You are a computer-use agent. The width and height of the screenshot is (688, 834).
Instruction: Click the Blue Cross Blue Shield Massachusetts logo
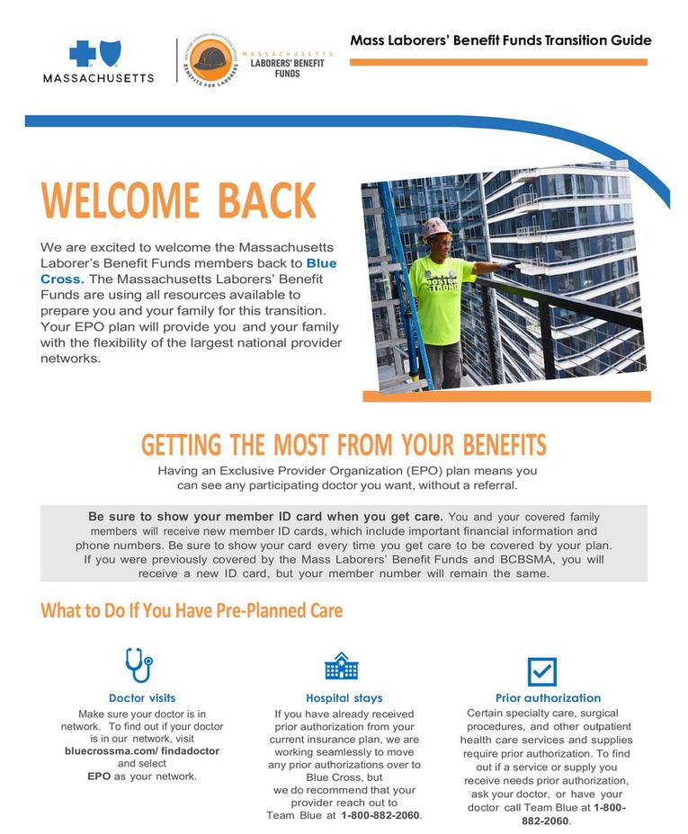point(98,59)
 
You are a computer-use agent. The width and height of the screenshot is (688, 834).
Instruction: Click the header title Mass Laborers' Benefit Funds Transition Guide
point(500,40)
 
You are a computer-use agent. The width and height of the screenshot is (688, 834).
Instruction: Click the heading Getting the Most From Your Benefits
point(344,445)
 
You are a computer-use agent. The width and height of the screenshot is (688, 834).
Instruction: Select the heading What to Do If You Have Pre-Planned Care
point(192,610)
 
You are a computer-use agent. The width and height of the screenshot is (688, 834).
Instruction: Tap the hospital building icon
point(342,666)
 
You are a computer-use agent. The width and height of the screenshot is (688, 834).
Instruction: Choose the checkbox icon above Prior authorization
point(541,670)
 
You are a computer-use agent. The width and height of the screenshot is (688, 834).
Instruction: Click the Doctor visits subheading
point(142,697)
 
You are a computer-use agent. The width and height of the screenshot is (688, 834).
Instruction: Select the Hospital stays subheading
point(344,697)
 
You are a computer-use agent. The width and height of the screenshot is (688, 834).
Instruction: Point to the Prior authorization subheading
point(548,697)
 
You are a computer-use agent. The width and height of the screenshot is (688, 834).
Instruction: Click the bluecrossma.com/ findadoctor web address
point(142,750)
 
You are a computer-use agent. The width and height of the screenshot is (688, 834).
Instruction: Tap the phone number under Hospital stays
point(380,814)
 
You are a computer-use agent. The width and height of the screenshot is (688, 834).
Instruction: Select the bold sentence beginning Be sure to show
point(265,517)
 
